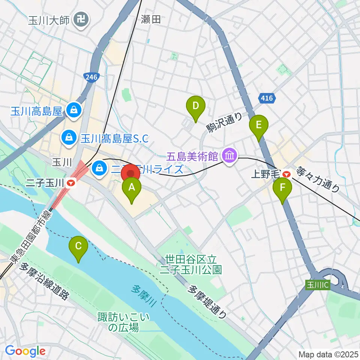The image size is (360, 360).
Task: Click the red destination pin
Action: pyautogui.click(x=131, y=174)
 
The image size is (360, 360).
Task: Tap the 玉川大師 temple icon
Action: pyautogui.click(x=81, y=18)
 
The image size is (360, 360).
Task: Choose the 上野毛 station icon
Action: pyautogui.click(x=287, y=174)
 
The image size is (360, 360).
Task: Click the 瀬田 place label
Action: pyautogui.click(x=151, y=19)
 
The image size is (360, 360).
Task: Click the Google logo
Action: pyautogui.click(x=25, y=351)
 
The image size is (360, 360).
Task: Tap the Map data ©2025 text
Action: pyautogui.click(x=328, y=354)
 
